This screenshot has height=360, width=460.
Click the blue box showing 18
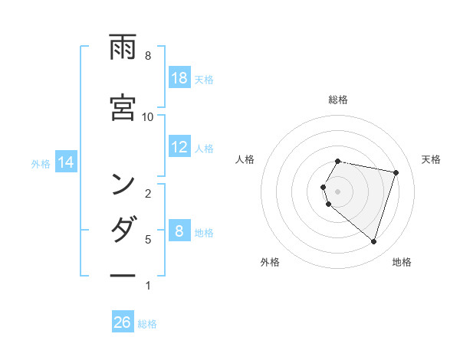point(179,77)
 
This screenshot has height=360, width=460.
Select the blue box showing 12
point(179,147)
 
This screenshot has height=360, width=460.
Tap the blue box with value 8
point(179,231)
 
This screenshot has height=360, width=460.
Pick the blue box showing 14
point(67,162)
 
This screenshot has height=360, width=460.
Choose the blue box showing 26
point(123,322)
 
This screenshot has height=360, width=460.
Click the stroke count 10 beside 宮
point(148,116)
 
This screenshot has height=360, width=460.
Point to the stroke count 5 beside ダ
point(148,240)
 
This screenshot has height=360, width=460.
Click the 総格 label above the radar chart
point(338,100)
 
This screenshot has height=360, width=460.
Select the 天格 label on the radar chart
point(432,159)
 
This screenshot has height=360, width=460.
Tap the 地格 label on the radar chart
point(402,262)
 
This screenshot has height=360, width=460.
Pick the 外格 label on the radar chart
point(270,262)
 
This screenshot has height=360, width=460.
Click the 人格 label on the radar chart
point(245,159)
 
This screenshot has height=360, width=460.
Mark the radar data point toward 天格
point(396,173)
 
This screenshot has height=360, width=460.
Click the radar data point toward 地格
point(373,242)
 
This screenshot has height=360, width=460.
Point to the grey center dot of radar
point(337,191)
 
